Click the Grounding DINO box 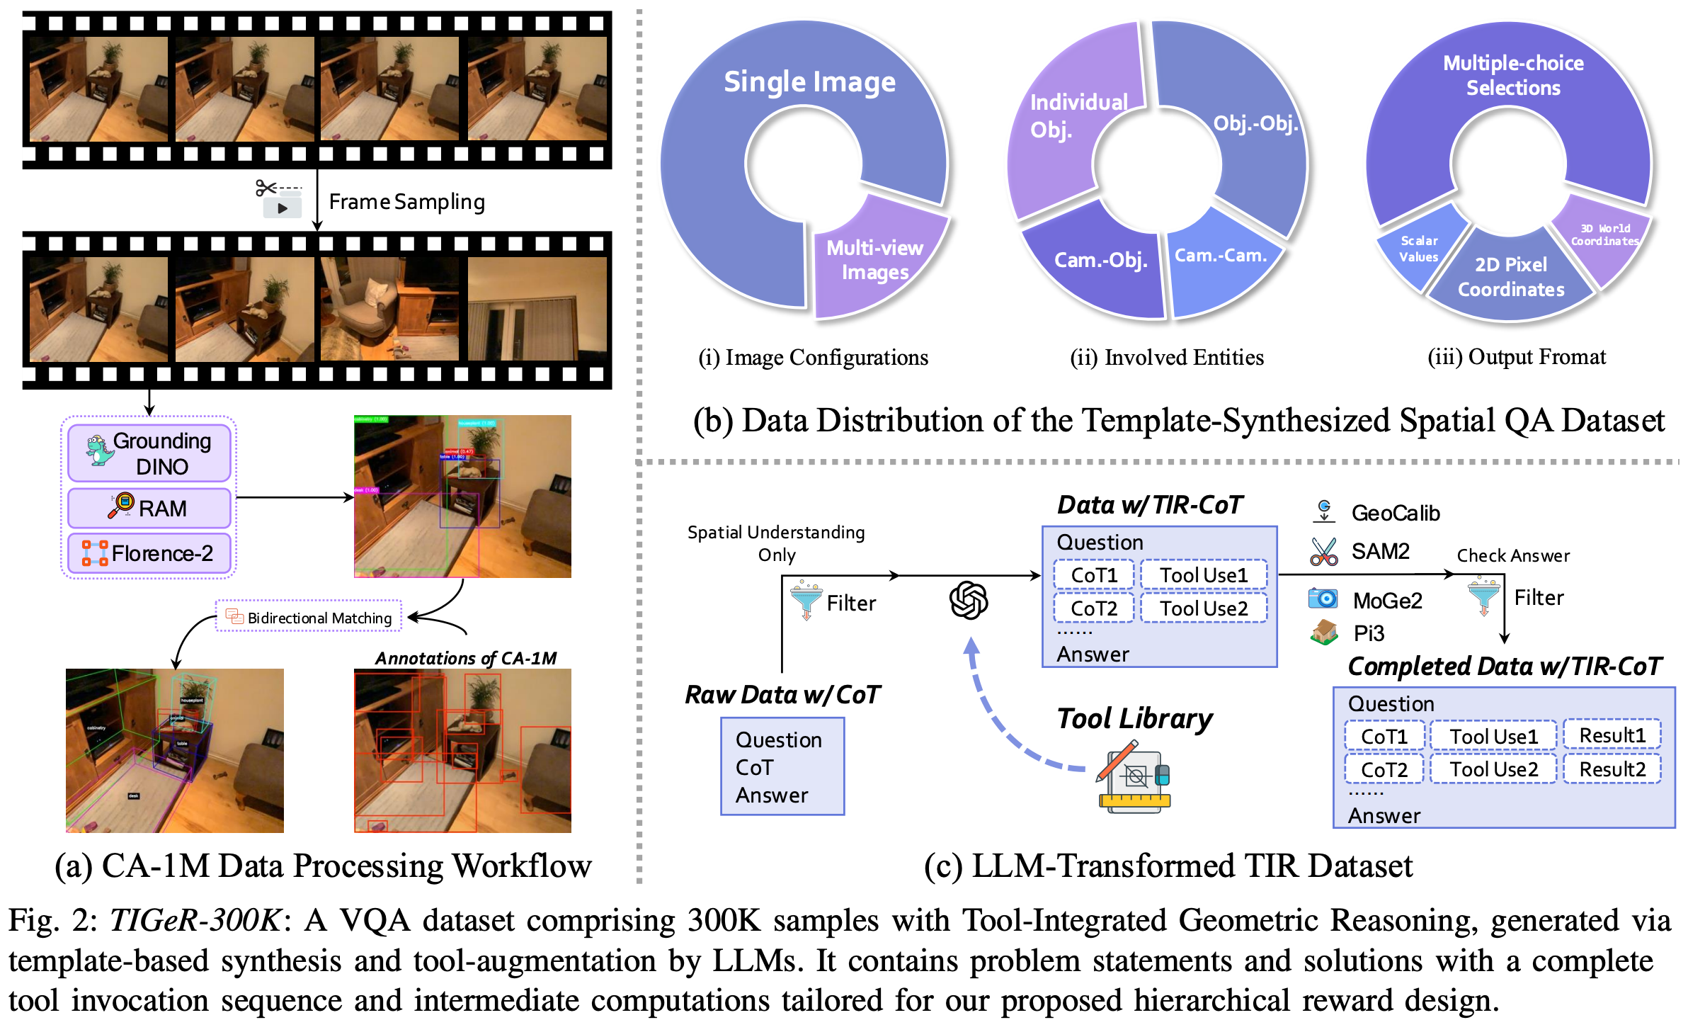pyautogui.click(x=149, y=453)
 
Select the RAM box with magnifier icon pyautogui.click(x=149, y=508)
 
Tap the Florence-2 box pyautogui.click(x=149, y=552)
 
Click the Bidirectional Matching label pyautogui.click(x=309, y=618)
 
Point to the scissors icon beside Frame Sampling pyautogui.click(x=267, y=188)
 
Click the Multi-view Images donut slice pyautogui.click(x=874, y=259)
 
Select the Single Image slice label pyautogui.click(x=809, y=81)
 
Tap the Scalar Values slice pyautogui.click(x=1419, y=249)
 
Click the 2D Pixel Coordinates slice pyautogui.click(x=1510, y=276)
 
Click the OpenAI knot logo pyautogui.click(x=968, y=601)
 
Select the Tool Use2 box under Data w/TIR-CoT pyautogui.click(x=1203, y=608)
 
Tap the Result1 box pyautogui.click(x=1612, y=735)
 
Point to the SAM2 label pyautogui.click(x=1379, y=551)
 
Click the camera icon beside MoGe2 pyautogui.click(x=1323, y=599)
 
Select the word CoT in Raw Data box pyautogui.click(x=754, y=768)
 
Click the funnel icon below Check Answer pyautogui.click(x=1483, y=596)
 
